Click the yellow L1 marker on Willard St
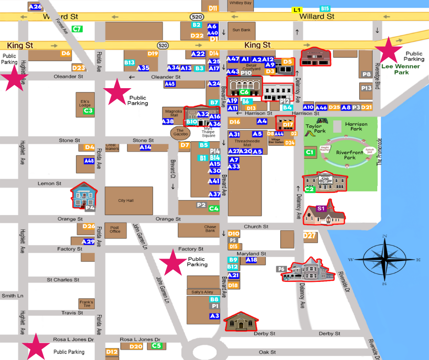tap(297, 10)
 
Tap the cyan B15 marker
tap(325, 9)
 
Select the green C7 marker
tap(77, 29)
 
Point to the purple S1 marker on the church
tap(320, 208)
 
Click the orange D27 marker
tap(310, 236)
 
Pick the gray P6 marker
tap(281, 269)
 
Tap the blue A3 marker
tap(214, 316)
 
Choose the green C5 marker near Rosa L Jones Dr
tap(157, 346)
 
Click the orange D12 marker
tap(112, 352)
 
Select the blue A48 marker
tap(89, 161)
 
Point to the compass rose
tap(384, 259)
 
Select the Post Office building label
tap(115, 229)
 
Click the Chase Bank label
tap(210, 229)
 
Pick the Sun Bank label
tap(241, 30)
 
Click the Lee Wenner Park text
tap(395, 69)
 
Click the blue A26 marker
tap(35, 7)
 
